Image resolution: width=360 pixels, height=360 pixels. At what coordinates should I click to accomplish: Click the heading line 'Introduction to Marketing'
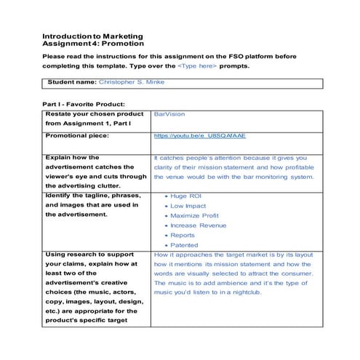pos(92,36)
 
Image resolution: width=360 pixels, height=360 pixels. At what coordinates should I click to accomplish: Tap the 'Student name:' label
pos(71,82)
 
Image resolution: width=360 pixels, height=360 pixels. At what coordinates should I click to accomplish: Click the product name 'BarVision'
pos(169,115)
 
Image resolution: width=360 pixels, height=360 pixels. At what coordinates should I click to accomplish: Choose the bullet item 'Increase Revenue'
pos(199,225)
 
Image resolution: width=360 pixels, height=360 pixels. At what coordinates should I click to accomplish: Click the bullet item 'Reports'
pos(183,235)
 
